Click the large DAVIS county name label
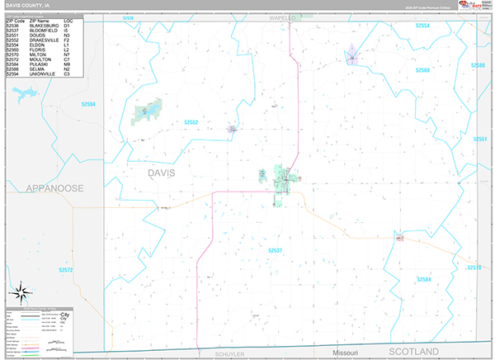[x=161, y=173]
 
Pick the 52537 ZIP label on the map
[x=276, y=249]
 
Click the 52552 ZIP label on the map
[x=191, y=122]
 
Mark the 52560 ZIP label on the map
[x=422, y=71]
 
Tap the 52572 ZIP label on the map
[x=66, y=269]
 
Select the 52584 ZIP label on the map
[x=424, y=280]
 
